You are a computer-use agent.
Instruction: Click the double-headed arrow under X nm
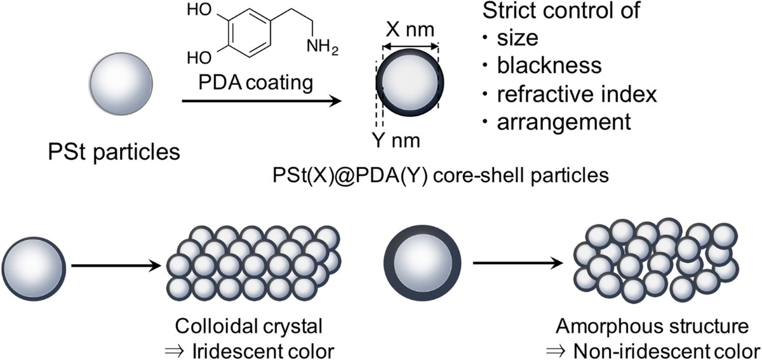click(410, 46)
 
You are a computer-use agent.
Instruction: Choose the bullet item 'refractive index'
click(575, 93)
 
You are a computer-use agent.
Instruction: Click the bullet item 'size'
click(518, 39)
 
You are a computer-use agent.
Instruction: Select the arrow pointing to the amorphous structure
click(518, 263)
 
